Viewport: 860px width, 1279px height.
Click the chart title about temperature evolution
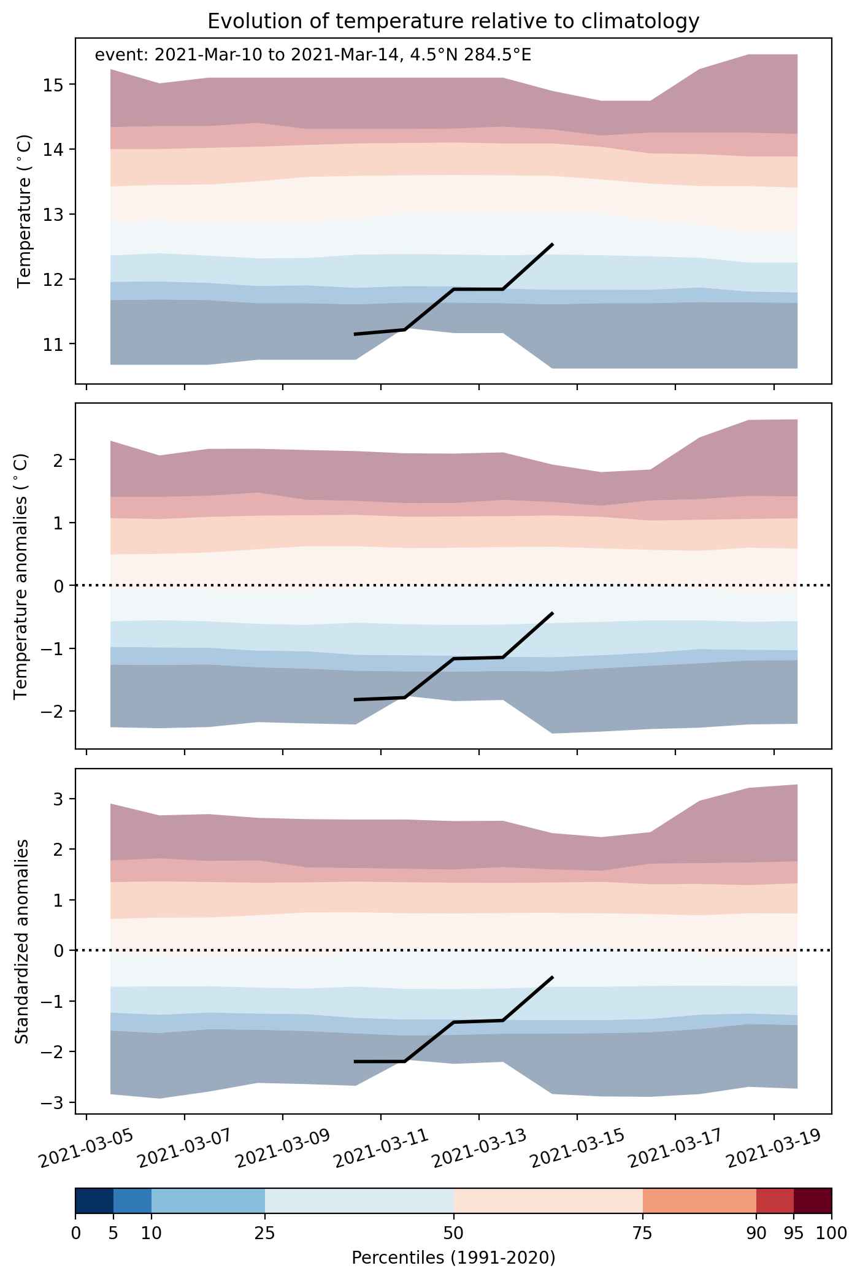[x=453, y=21]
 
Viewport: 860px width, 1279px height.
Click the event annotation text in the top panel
[x=313, y=55]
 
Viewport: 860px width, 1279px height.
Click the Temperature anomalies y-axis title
[x=21, y=576]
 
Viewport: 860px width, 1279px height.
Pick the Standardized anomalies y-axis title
[x=21, y=942]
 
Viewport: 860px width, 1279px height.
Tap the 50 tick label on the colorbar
[x=454, y=1234]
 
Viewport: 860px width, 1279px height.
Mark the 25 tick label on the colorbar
[x=264, y=1234]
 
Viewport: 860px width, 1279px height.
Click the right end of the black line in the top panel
[x=553, y=244]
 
